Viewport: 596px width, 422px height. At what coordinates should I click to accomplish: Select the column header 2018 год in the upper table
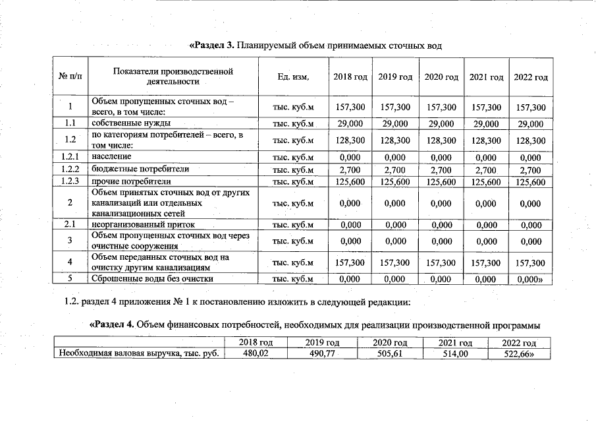click(350, 77)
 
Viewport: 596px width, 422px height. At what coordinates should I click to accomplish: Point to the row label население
click(112, 157)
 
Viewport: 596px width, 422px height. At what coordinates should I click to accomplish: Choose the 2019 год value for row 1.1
click(395, 123)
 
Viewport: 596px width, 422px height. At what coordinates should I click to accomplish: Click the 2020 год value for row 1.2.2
click(441, 169)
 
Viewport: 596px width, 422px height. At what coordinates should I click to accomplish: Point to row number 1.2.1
click(69, 157)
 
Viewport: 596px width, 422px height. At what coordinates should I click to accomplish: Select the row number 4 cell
click(69, 262)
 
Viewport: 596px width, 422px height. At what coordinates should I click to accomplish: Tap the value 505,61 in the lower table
click(389, 353)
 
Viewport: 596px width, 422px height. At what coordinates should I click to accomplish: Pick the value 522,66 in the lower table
click(518, 353)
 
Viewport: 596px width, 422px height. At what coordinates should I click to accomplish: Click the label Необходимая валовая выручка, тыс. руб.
click(138, 353)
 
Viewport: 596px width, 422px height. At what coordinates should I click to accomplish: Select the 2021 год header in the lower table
click(455, 343)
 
